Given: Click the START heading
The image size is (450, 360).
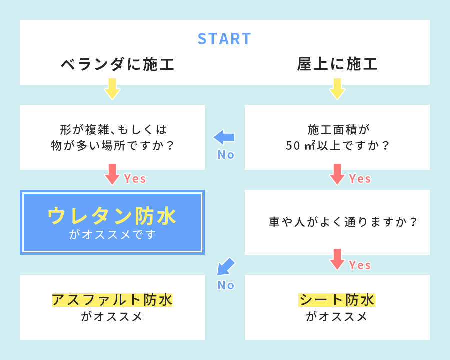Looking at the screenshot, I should click(x=224, y=39).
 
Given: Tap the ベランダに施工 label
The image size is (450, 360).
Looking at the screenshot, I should click(x=117, y=64).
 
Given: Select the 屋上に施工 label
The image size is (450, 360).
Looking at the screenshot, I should click(x=337, y=64).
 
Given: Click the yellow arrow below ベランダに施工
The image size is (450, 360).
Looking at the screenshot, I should click(x=112, y=88).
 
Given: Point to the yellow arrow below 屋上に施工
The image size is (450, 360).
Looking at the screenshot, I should click(x=337, y=88).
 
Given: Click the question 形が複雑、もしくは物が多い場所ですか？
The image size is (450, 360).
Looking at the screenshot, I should click(x=112, y=137).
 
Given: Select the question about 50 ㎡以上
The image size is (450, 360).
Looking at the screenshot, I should click(x=337, y=137).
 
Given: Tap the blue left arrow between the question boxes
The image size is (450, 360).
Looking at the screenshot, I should click(x=224, y=137).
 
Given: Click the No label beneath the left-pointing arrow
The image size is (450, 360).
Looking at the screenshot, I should click(x=226, y=155).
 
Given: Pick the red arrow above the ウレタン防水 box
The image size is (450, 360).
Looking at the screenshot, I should click(x=112, y=174).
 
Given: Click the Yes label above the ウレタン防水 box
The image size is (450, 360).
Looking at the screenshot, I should click(x=135, y=179).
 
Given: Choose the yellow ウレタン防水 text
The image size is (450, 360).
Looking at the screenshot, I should click(x=112, y=216).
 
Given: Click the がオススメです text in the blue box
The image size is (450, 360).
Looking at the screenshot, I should click(x=112, y=235).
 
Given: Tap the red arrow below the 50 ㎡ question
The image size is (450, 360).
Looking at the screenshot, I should click(x=337, y=174).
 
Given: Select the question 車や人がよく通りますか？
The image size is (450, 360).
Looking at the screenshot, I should click(x=343, y=222).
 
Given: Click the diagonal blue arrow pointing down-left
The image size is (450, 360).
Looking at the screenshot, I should click(x=225, y=266).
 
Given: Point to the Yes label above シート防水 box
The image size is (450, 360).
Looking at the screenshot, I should click(x=360, y=265).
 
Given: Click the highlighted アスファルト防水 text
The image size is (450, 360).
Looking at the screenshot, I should click(x=112, y=300).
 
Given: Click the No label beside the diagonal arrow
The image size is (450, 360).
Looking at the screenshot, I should click(x=226, y=285).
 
